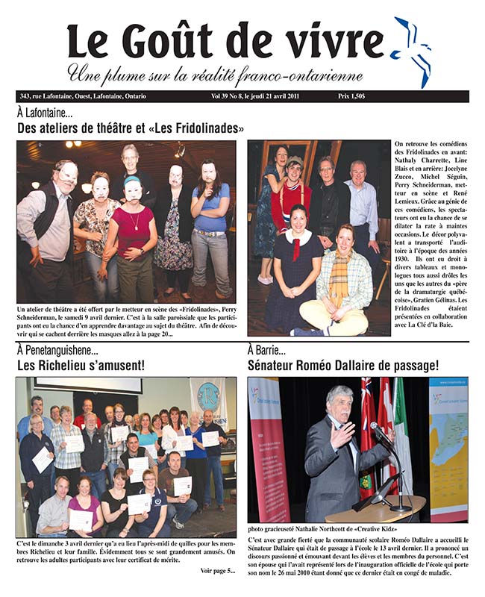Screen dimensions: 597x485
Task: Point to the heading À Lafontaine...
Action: pos(44,113)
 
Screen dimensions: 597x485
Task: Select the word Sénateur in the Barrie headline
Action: pos(277,366)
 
